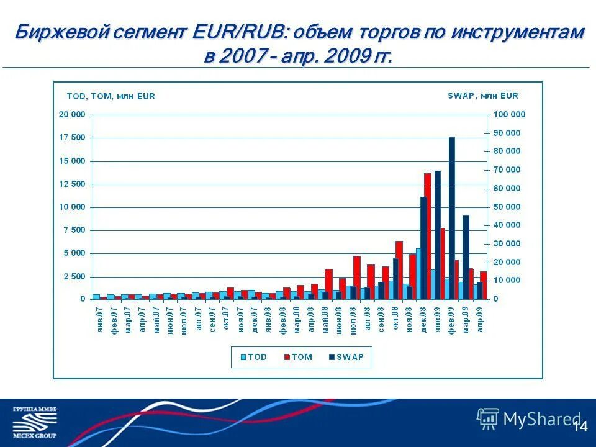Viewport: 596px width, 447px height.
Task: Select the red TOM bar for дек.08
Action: tap(427, 237)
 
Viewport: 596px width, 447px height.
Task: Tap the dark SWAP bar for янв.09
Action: tap(438, 235)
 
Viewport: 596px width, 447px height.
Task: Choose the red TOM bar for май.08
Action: tap(329, 284)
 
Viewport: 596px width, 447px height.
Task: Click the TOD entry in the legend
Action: tap(253, 357)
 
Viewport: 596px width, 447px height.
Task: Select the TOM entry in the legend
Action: tap(298, 357)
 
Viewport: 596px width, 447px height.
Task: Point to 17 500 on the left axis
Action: tap(72, 138)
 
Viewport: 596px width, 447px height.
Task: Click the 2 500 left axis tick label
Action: tap(75, 276)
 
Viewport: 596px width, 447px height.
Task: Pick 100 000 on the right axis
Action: tap(509, 114)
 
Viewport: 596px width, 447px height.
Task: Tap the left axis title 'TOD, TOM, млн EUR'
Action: tap(111, 96)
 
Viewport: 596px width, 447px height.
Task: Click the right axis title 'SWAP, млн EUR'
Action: tap(482, 96)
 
